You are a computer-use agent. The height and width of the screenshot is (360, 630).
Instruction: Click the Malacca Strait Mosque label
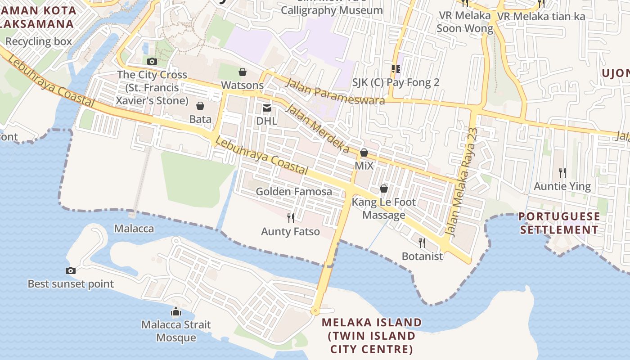coord(176,331)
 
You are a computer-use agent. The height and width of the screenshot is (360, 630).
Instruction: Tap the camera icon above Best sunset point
coord(71,270)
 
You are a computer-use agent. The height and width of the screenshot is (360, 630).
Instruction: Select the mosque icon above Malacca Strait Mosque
coord(176,311)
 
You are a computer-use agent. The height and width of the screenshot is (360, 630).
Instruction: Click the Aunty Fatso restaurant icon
coord(291,218)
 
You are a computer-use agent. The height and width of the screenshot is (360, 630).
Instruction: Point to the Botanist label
coord(422,256)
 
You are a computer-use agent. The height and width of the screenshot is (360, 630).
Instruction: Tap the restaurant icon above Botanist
coord(422,243)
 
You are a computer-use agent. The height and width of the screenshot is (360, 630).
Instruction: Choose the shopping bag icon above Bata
coord(200,106)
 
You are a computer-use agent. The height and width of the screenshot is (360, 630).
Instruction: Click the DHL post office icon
coord(267,108)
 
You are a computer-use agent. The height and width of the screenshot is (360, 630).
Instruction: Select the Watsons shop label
coord(242,85)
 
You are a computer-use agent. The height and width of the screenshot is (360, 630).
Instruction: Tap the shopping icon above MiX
coord(364,153)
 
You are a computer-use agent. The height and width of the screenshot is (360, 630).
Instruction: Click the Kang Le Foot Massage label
coord(384,208)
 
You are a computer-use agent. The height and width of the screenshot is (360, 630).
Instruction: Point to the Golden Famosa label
coord(294,191)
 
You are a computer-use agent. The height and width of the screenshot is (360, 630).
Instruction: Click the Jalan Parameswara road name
coord(335,91)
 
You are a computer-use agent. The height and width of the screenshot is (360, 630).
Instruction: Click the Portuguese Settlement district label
coord(559,223)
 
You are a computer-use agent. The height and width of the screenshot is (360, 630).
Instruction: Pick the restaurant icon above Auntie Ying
coord(562,172)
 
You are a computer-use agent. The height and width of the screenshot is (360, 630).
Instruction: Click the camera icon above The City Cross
coord(152,61)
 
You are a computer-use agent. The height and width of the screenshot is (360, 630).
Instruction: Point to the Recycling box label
coord(39,41)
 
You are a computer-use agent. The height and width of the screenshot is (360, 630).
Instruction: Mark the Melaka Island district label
coord(372,335)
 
